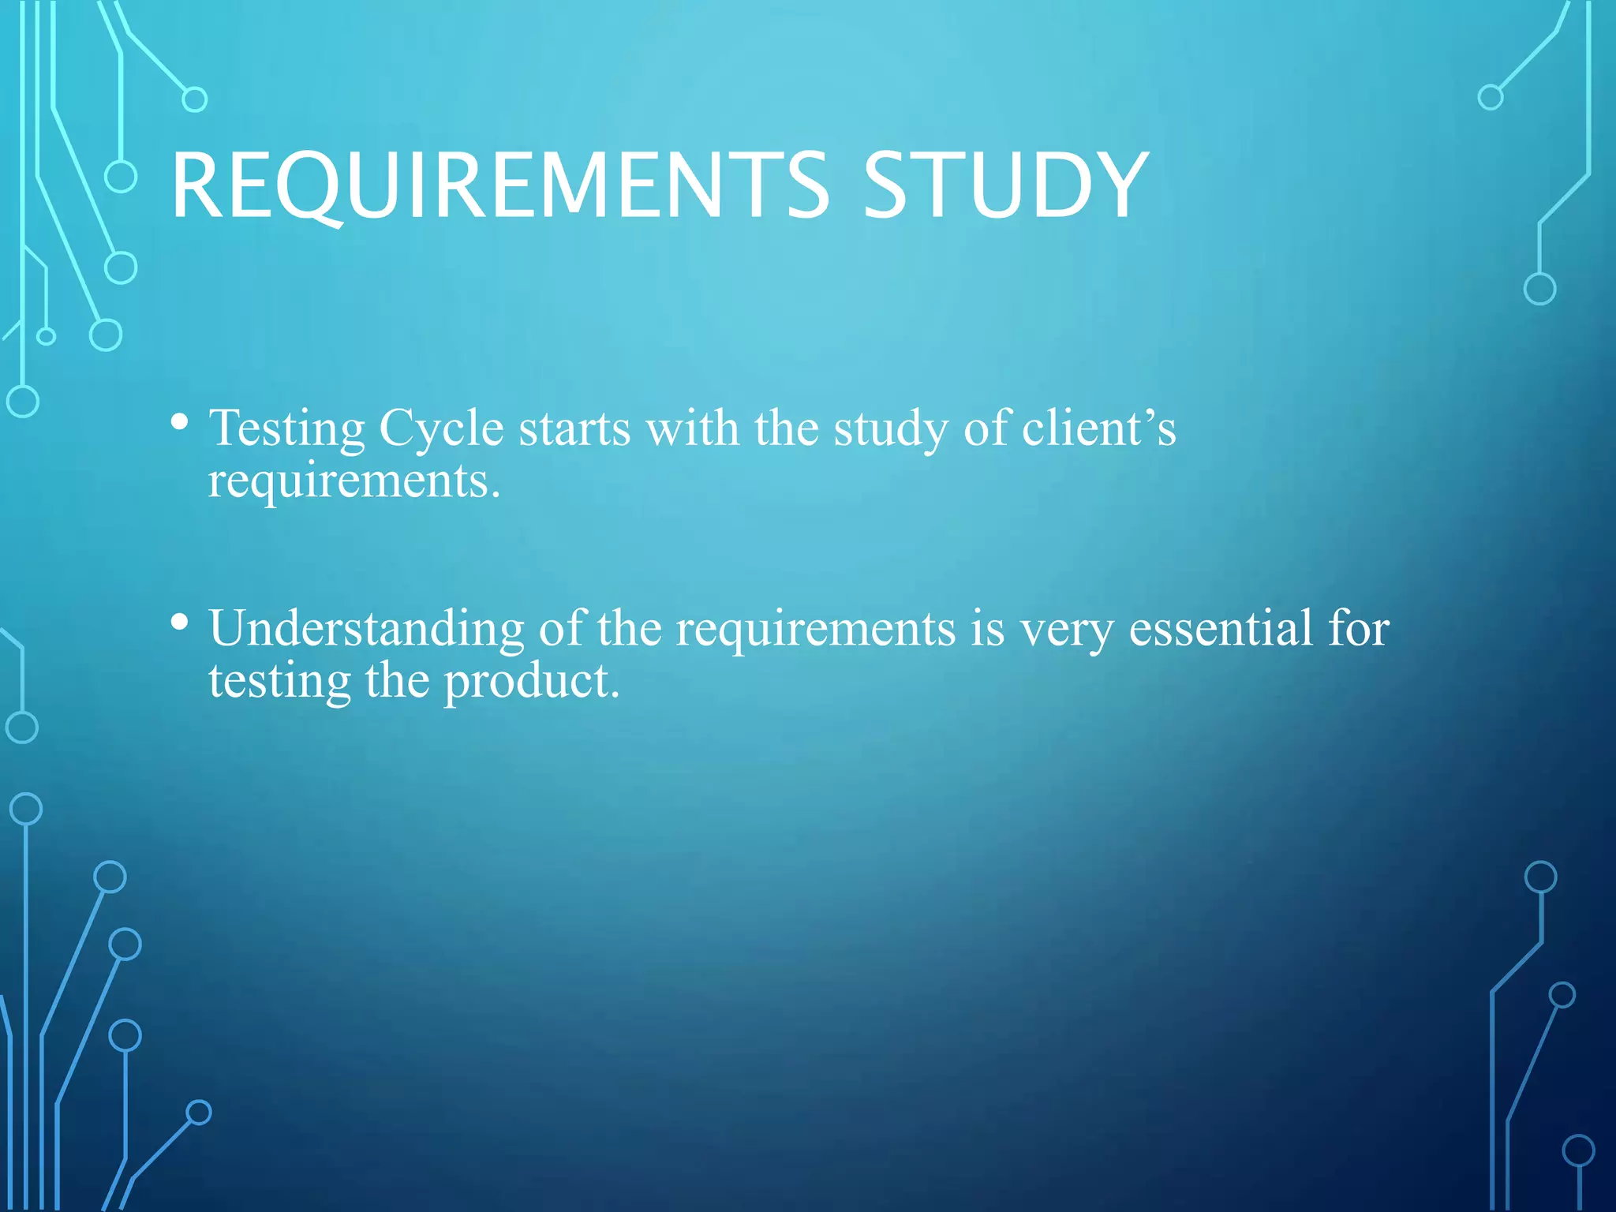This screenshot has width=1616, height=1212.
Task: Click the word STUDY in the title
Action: [1005, 186]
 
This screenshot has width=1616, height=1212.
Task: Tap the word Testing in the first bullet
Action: [286, 430]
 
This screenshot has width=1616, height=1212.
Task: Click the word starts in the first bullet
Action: [574, 430]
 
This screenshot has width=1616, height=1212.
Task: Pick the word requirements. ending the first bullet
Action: [354, 481]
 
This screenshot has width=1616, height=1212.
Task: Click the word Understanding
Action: [366, 630]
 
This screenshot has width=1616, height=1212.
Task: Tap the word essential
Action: [1221, 629]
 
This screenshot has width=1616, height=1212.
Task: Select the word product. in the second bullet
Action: [532, 682]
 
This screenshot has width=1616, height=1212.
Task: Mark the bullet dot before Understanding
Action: [180, 623]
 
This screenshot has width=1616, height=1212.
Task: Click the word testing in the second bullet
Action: [279, 682]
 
